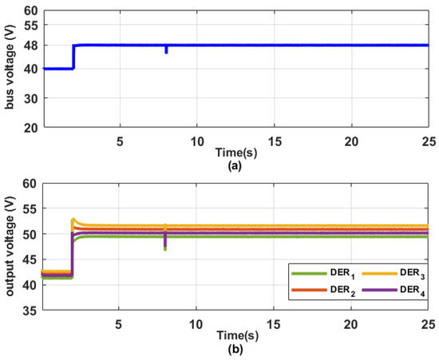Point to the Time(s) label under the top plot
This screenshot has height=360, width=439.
click(x=235, y=152)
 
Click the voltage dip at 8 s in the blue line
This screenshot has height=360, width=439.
click(x=166, y=51)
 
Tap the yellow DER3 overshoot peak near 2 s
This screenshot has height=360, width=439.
click(x=73, y=219)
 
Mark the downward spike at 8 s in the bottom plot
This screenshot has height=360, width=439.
click(x=165, y=247)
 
